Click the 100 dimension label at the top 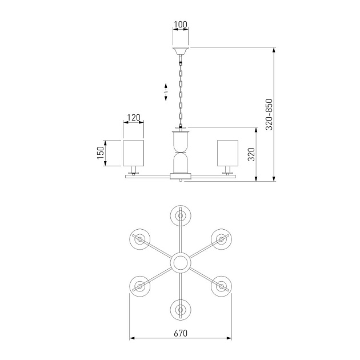(181, 25)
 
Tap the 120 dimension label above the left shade (134, 118)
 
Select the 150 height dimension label (101, 153)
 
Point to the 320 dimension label (251, 154)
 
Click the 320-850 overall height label (269, 114)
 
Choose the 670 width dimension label (181, 333)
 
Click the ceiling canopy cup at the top (181, 51)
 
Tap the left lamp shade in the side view (134, 153)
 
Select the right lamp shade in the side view (227, 153)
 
